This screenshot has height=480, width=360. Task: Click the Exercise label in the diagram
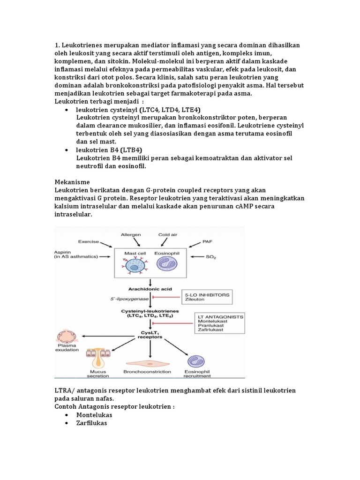pyautogui.click(x=89, y=241)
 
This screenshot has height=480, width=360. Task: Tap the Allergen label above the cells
pyautogui.click(x=131, y=234)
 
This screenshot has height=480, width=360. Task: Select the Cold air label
pyautogui.click(x=168, y=234)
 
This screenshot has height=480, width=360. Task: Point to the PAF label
pyautogui.click(x=208, y=242)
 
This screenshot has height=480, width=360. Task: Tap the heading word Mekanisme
pyautogui.click(x=72, y=181)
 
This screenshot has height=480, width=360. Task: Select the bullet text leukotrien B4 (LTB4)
pyautogui.click(x=105, y=150)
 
